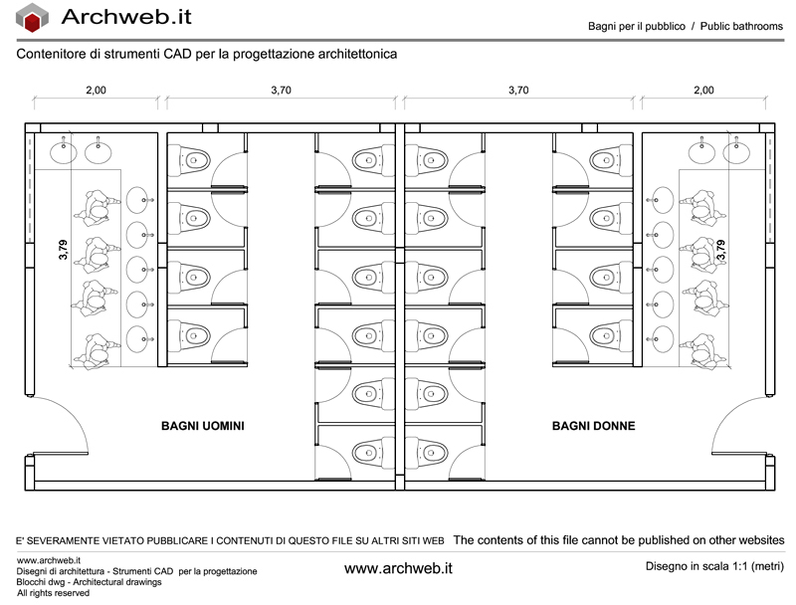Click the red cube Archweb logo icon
32,18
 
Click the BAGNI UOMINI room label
203,426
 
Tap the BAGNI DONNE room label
593,426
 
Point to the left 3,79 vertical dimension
63,250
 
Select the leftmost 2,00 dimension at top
96,91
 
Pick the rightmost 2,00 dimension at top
703,91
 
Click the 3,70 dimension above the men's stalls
281,91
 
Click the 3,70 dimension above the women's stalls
518,91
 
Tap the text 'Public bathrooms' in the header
741,27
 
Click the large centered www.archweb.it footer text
398,568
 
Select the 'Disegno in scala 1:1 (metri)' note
714,566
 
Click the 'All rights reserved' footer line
53,593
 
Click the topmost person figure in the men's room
97,207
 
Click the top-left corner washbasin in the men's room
64,152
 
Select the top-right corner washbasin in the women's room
736,152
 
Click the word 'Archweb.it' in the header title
126,17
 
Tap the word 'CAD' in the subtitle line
178,54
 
